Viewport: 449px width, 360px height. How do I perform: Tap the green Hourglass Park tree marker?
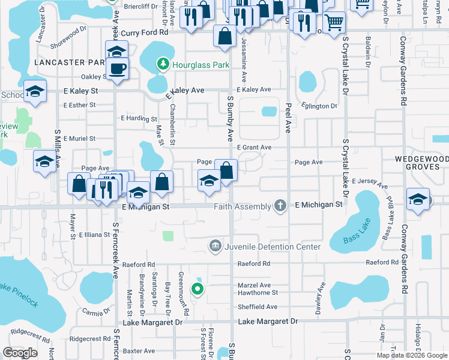(161, 63)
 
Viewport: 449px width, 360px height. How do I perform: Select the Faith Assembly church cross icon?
(280, 206)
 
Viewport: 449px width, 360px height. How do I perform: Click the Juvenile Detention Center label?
(273, 247)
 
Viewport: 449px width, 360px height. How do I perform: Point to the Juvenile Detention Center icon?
(215, 246)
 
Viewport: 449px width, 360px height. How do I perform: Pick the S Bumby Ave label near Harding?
(230, 118)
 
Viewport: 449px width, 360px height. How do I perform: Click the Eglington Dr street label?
(319, 106)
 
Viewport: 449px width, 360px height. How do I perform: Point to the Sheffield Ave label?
(258, 307)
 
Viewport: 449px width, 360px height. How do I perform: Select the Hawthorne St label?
(258, 293)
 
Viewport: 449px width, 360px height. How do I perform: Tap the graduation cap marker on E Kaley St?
(35, 91)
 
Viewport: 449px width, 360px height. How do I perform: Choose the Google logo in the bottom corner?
(20, 353)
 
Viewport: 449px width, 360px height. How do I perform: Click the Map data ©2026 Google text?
(411, 355)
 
